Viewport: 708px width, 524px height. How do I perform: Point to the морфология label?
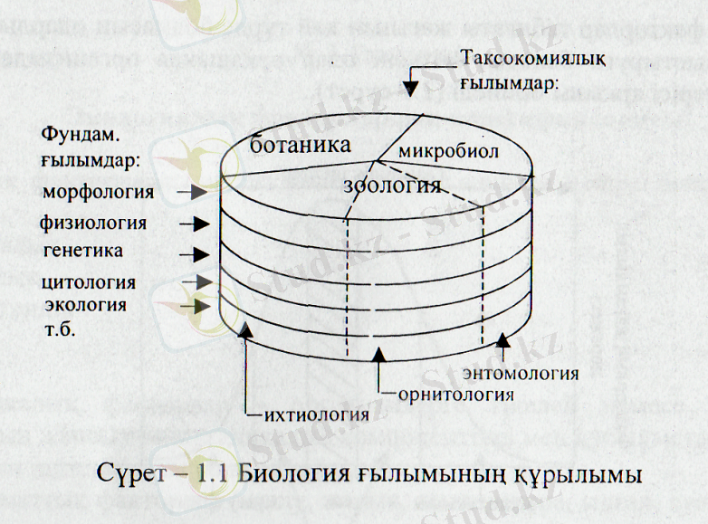tap(99, 192)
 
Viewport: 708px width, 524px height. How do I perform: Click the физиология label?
tap(93, 222)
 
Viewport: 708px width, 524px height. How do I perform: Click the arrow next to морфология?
tap(193, 193)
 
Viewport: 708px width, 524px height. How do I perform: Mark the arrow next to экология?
tap(193, 307)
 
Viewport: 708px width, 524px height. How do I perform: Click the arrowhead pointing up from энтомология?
tap(504, 342)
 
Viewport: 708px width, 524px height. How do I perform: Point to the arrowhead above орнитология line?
tap(381, 354)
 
